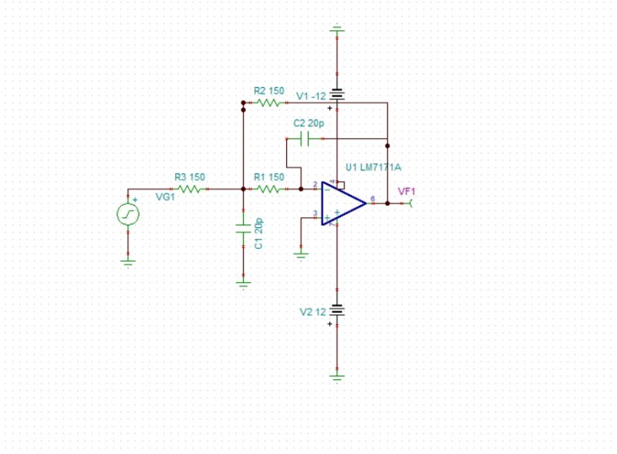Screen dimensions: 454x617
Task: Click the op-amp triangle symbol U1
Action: pos(342,203)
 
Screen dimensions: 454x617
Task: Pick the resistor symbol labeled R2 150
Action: pos(269,102)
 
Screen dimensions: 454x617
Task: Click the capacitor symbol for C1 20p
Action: pos(243,228)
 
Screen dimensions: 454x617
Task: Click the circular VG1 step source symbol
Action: pos(128,214)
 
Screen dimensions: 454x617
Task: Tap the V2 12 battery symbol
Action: pos(337,311)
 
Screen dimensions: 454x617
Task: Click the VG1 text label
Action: pos(165,197)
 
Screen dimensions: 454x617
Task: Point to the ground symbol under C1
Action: pos(243,284)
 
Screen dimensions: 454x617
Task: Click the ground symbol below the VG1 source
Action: pos(128,262)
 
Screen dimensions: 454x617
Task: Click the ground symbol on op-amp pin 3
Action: pos(301,253)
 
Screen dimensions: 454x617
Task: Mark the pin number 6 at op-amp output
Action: pos(373,199)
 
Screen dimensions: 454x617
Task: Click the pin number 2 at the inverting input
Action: pos(315,184)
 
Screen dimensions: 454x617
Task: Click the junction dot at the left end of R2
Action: pos(243,110)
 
